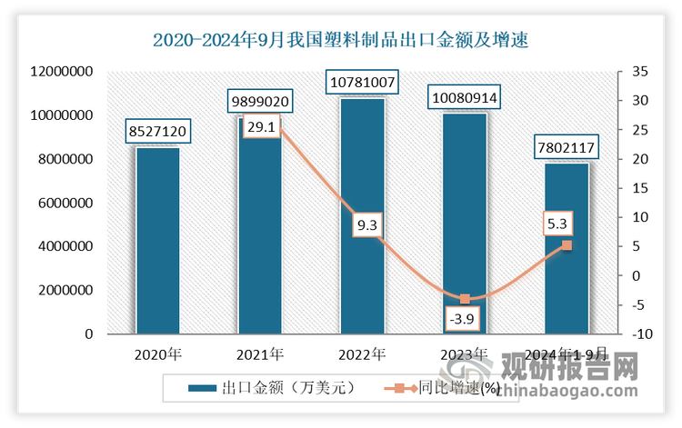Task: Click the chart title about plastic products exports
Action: pos(340,40)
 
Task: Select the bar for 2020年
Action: pos(157,241)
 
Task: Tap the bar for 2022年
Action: pos(362,218)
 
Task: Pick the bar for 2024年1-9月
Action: pos(567,250)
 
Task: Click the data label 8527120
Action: pos(157,133)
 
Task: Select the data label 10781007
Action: pos(362,84)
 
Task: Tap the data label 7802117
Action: pos(567,148)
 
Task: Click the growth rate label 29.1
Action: pos(260,128)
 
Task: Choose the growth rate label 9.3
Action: pos(362,223)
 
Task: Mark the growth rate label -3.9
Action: pos(465,319)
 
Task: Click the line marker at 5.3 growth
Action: pos(567,245)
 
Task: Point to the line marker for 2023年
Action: pos(465,299)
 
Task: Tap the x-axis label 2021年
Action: pos(260,353)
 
